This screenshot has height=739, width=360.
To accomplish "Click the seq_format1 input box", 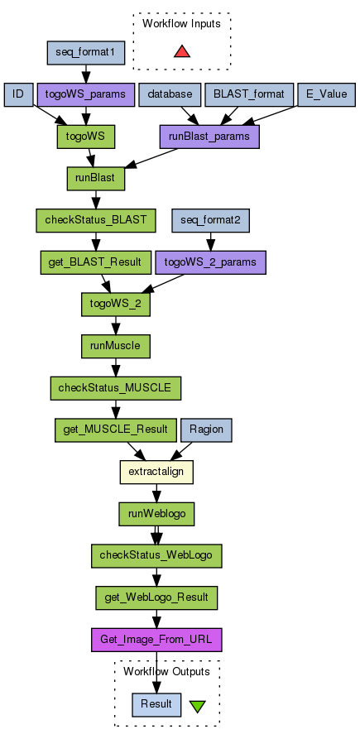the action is [86, 53].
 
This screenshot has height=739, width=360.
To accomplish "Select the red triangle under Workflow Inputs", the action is [182, 52].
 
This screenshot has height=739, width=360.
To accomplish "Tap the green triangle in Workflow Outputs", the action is [198, 706].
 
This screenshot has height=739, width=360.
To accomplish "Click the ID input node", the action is [18, 94].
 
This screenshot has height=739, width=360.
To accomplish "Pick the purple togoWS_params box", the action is [86, 94].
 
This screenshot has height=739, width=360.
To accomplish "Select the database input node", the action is [170, 94].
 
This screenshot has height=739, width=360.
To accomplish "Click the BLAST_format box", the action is [249, 94].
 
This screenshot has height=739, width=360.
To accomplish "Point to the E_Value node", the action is [327, 94].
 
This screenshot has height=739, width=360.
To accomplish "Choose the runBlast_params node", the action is [209, 137].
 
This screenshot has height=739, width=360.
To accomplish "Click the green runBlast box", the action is [96, 179].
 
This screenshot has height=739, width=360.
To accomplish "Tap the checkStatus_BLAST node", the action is [96, 220].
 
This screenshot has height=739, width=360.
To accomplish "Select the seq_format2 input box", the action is [211, 220].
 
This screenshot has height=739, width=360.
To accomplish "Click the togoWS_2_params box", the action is [211, 262].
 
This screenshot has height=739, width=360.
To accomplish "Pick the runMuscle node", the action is [116, 346].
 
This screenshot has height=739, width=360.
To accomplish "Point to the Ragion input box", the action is [206, 429].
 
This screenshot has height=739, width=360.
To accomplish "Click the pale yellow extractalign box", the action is [156, 472].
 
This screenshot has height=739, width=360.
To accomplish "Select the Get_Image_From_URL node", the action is [156, 640].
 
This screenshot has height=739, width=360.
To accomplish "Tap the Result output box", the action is [156, 704].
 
